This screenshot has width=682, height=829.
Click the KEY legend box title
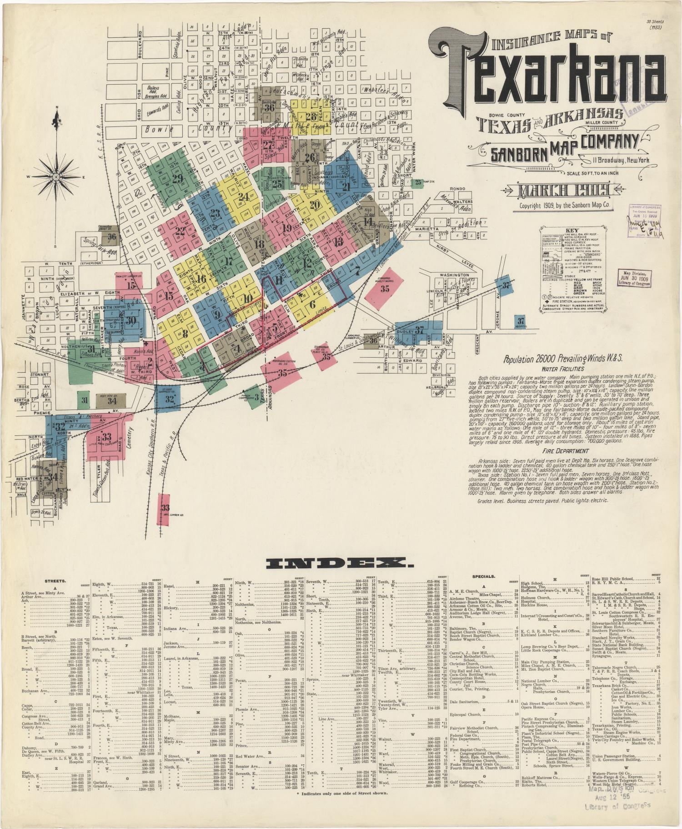[572, 230]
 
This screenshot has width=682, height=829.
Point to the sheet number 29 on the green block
[177, 178]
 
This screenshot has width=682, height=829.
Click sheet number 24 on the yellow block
[244, 197]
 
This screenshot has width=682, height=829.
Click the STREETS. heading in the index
[55, 581]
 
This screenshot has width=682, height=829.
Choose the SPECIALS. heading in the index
[471, 581]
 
